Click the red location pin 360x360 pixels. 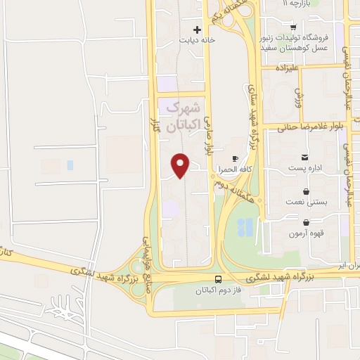pyautogui.click(x=181, y=165)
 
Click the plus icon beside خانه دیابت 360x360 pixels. pyautogui.click(x=198, y=30)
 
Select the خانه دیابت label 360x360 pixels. pyautogui.click(x=195, y=40)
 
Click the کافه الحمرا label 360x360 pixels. pyautogui.click(x=242, y=169)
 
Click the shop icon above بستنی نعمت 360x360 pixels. pyautogui.click(x=306, y=191)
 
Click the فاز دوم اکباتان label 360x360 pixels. pyautogui.click(x=219, y=290)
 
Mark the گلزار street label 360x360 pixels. pyautogui.click(x=156, y=126)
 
